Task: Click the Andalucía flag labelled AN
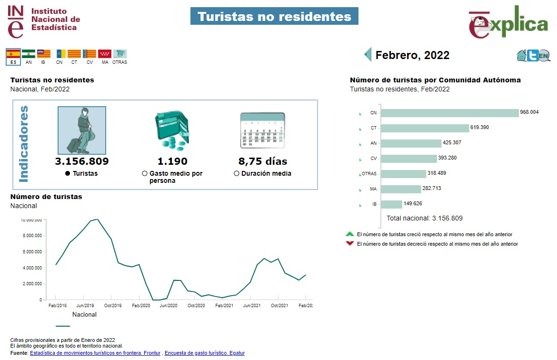tap(29, 54)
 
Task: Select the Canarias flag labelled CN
tap(60, 54)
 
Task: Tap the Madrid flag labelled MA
tap(105, 54)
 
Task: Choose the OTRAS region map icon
tap(119, 54)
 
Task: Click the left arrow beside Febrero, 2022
tap(368, 54)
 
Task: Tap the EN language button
tap(544, 56)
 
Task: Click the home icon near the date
tap(521, 56)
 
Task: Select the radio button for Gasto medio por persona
tap(145, 174)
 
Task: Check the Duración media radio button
tap(237, 174)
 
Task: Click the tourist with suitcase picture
tap(82, 130)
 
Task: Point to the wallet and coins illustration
tap(172, 130)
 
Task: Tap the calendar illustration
tap(262, 130)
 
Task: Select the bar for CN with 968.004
tap(449, 113)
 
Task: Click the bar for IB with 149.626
tap(391, 204)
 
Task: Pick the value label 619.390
tap(480, 128)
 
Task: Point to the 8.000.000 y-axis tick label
tap(31, 236)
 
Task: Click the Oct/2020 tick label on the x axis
tap(196, 305)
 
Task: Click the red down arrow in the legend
tap(350, 244)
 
